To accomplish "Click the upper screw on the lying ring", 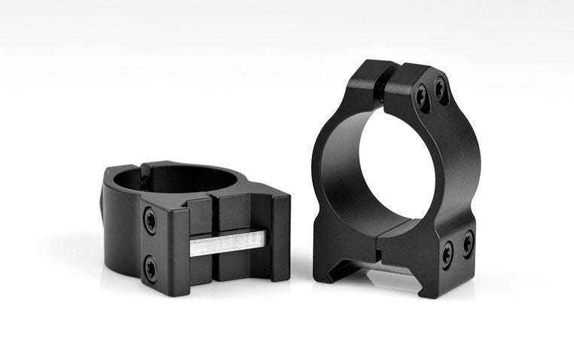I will pos(151,220).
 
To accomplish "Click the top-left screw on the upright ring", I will pos(422,96).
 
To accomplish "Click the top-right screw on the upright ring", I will pos(441,90).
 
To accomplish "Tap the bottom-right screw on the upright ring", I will pos(468,242).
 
